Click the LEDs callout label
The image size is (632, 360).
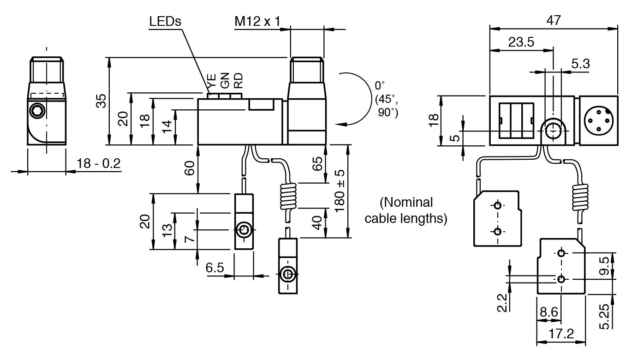(165, 21)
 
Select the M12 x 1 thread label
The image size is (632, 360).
(257, 21)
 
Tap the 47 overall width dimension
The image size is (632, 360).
(553, 20)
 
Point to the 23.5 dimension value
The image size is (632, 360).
(521, 42)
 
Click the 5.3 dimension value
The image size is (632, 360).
(581, 64)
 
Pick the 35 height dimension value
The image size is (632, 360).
(101, 101)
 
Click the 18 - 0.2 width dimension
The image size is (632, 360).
(98, 163)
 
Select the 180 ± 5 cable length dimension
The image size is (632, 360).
(340, 191)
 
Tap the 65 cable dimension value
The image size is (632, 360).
(317, 164)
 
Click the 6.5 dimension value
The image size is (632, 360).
(215, 268)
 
